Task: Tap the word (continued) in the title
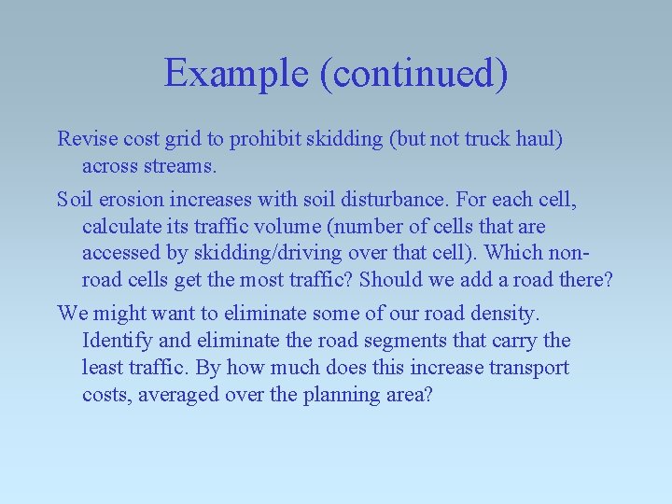413,73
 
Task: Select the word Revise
85,139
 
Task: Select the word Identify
116,341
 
